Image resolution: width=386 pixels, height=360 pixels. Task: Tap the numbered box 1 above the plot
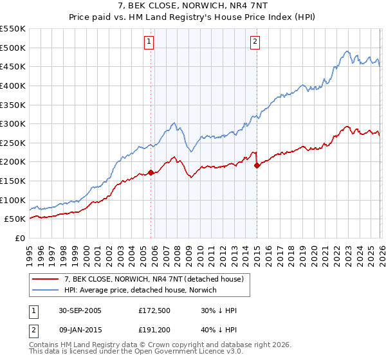(x=149, y=42)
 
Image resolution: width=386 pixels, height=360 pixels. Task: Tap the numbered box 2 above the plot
(x=255, y=42)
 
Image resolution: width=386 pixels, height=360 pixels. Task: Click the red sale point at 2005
(x=151, y=172)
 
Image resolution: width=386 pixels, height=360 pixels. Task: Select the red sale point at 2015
(x=257, y=165)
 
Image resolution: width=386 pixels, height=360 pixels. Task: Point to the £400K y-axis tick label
(x=13, y=85)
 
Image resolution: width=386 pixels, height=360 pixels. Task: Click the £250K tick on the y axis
(x=13, y=143)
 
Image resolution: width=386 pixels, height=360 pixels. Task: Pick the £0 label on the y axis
(x=19, y=238)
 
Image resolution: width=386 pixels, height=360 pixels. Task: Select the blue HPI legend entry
(x=140, y=291)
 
